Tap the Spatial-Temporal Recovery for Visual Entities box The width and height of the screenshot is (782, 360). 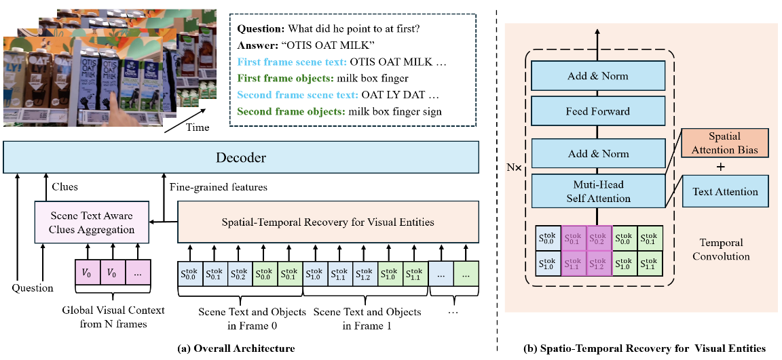tap(327, 222)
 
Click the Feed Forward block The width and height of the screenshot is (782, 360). tap(598, 111)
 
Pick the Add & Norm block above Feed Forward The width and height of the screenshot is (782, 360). tap(598, 76)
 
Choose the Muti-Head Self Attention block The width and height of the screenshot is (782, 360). tap(598, 191)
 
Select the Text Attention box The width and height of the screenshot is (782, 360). tap(726, 192)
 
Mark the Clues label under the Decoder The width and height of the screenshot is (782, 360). tap(64, 187)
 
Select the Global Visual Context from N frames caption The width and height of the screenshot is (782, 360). tap(113, 316)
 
